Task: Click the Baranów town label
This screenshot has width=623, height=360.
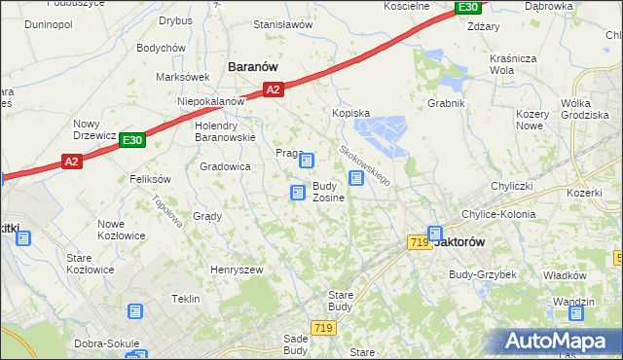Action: point(253,66)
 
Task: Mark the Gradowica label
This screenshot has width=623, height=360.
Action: point(226,167)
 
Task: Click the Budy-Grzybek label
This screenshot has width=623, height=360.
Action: point(482,274)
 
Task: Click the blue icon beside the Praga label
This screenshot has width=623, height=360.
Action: point(307,161)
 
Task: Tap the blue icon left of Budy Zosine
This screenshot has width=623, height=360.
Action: point(297,194)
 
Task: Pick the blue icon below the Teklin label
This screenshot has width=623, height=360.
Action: point(135,312)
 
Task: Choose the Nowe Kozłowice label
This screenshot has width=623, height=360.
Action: point(122,230)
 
